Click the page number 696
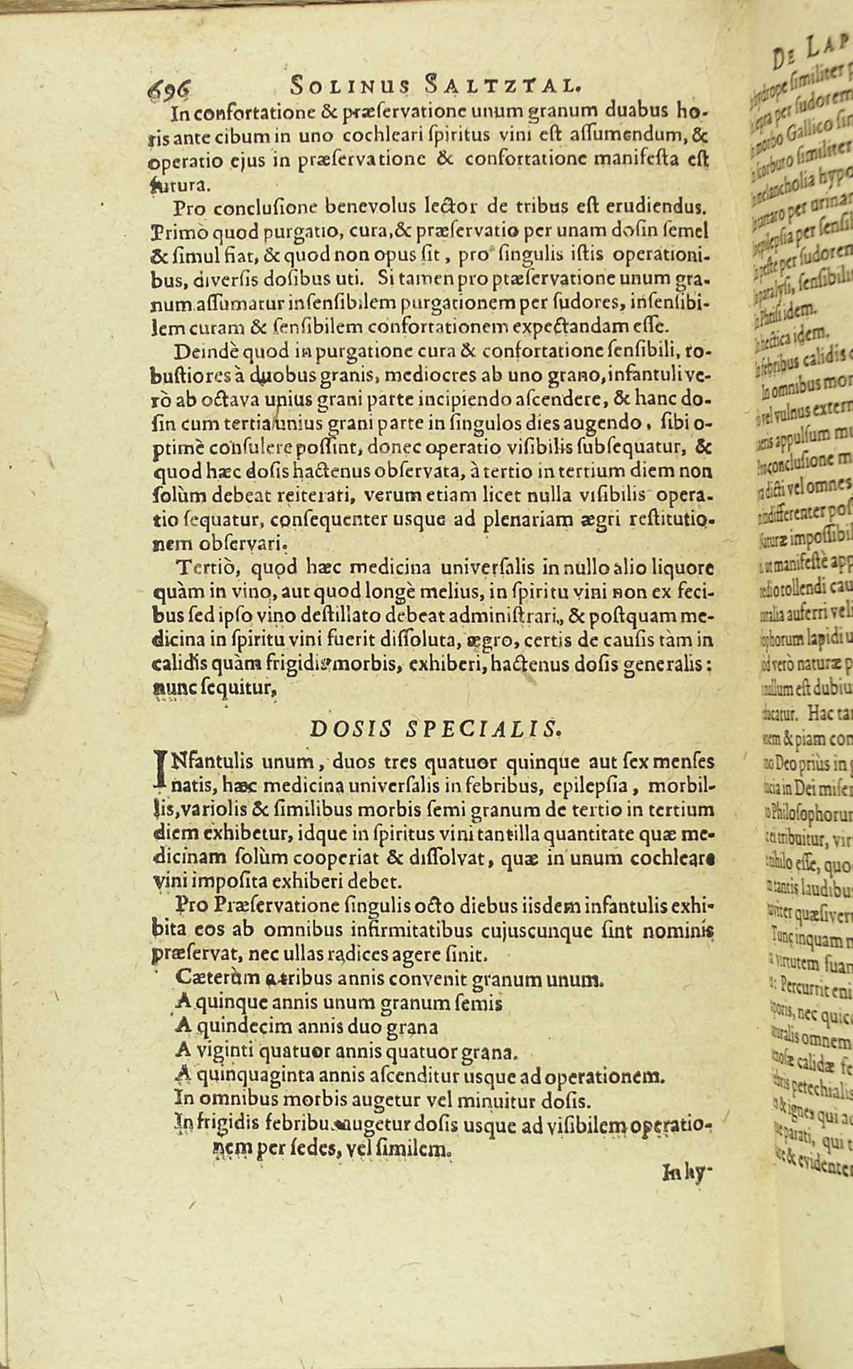(167, 89)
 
